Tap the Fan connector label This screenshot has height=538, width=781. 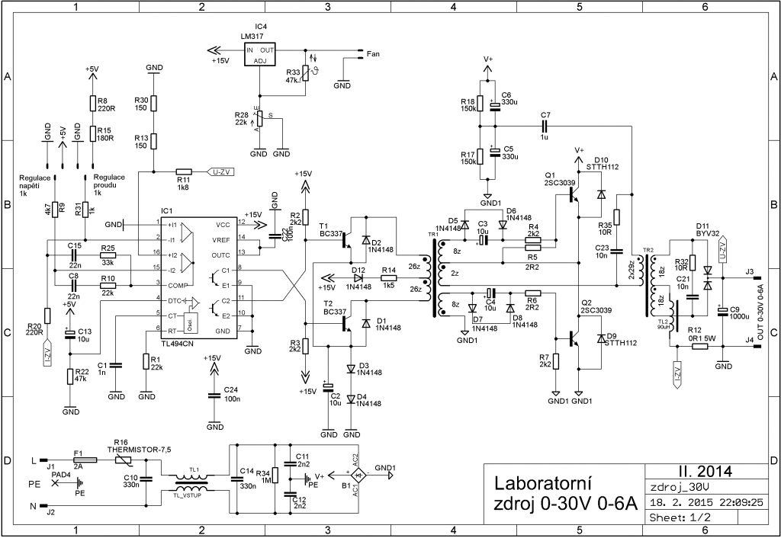point(373,54)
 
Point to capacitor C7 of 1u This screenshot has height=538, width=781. point(545,125)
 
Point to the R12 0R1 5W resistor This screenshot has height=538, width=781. point(701,346)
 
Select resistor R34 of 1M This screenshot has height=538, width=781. point(275,476)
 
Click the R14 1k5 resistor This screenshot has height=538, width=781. point(389,279)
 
